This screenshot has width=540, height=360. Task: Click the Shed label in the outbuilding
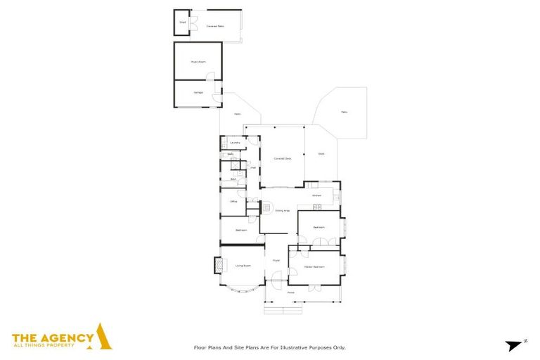[x=182, y=22]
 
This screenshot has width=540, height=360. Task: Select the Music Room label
[x=198, y=62]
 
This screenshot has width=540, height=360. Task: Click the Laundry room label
[x=235, y=143]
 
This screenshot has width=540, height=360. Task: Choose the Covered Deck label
[x=283, y=158]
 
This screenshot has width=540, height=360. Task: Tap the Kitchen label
[x=316, y=195]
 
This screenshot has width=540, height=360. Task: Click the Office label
[x=233, y=202]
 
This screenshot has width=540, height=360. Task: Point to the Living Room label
[x=243, y=266]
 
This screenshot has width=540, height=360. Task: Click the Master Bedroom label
[x=314, y=267]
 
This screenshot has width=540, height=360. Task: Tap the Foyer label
[x=276, y=261]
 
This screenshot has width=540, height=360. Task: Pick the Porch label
[x=291, y=292]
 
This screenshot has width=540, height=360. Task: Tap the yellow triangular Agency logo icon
[x=103, y=337]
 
